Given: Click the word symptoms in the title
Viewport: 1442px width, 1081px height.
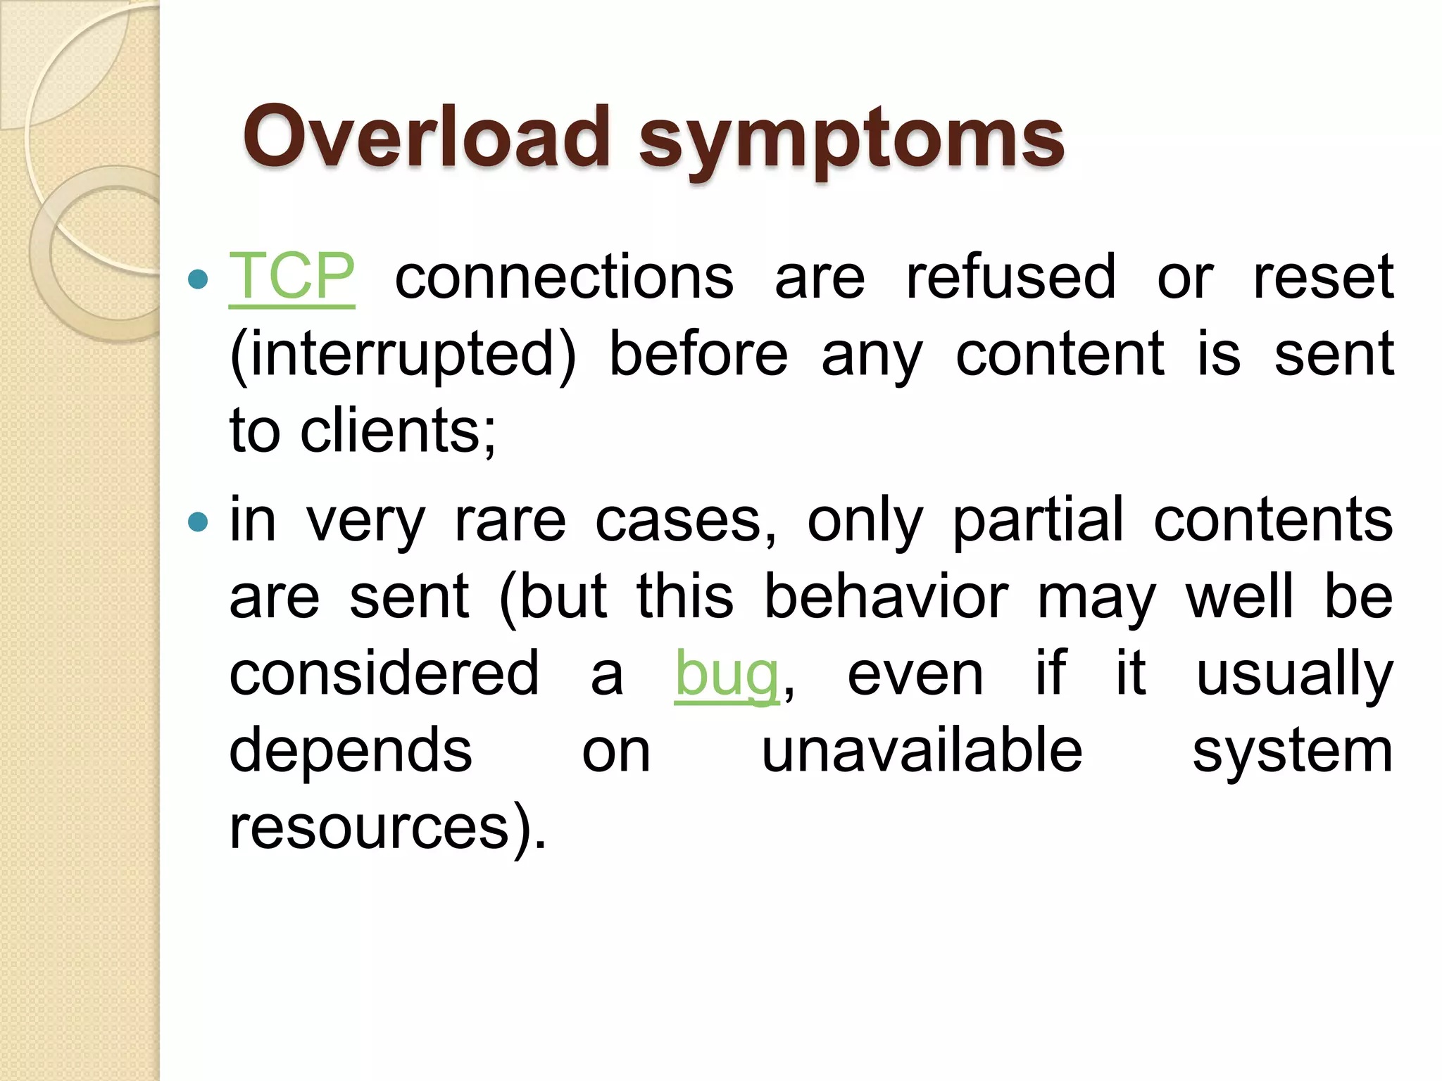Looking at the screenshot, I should (851, 141).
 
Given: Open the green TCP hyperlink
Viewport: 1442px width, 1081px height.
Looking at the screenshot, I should (291, 277).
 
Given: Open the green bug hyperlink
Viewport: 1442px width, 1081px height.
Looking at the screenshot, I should (727, 674).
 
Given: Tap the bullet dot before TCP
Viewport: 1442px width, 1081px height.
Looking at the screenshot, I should (199, 279).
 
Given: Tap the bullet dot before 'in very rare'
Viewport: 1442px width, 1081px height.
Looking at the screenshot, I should (199, 522).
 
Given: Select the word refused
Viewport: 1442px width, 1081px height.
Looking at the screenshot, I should (1011, 277).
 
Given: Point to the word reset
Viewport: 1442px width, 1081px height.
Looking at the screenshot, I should (1323, 277).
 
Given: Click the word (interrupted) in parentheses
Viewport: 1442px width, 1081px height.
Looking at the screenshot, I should (403, 355).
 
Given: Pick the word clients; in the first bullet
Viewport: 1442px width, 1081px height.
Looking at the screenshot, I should (399, 431).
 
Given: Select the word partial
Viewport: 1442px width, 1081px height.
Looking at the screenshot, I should (1038, 521).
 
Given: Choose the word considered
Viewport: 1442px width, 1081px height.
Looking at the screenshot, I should (384, 674).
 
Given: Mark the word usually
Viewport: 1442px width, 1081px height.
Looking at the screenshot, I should (1294, 674).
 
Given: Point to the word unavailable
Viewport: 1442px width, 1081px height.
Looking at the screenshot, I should (922, 751).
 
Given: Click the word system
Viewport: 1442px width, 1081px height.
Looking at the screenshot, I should (1293, 752).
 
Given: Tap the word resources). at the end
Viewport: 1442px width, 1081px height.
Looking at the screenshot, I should (388, 828).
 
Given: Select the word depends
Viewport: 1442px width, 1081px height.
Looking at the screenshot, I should (351, 752).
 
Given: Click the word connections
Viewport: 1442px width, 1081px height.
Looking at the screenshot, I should (564, 277).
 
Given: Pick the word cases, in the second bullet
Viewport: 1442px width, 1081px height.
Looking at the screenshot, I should (686, 521).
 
